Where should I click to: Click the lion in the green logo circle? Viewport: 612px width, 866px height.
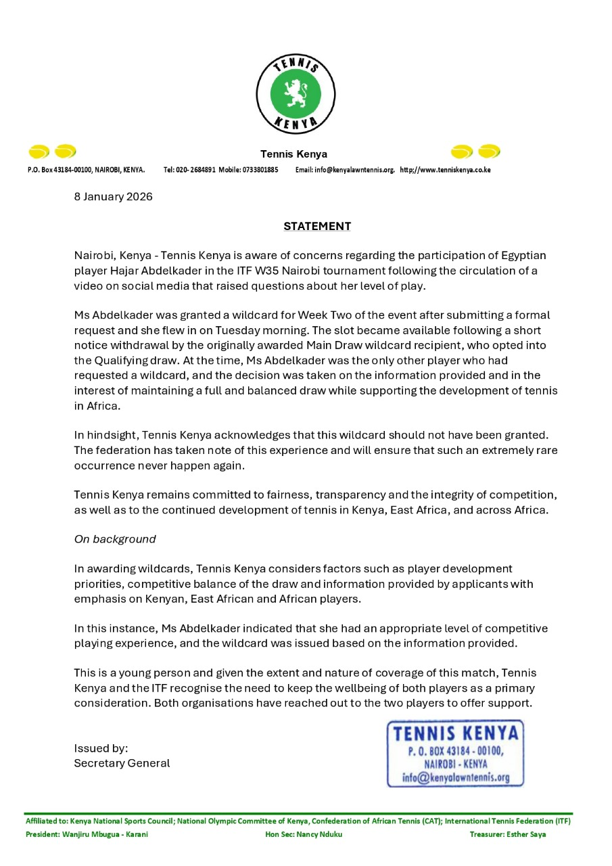[x=295, y=93]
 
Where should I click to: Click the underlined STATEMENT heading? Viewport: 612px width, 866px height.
[x=317, y=226]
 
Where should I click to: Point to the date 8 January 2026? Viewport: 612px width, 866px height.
[x=113, y=197]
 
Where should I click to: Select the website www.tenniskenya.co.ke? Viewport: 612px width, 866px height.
[x=450, y=170]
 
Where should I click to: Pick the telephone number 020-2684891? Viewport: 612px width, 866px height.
[x=196, y=170]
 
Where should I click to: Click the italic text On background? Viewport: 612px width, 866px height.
[x=115, y=539]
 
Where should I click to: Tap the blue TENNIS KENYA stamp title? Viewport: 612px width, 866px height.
[x=456, y=733]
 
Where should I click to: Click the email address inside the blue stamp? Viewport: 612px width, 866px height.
[x=456, y=777]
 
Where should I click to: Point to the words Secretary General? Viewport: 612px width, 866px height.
[x=122, y=763]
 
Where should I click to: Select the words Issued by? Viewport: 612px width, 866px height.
[x=101, y=748]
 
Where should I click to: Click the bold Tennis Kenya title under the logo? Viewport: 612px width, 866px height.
[x=294, y=154]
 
